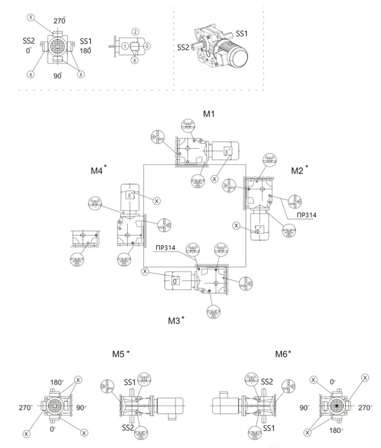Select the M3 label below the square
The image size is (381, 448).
(x=174, y=319)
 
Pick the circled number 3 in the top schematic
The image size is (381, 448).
(x=146, y=47)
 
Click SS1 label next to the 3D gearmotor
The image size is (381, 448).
(x=242, y=35)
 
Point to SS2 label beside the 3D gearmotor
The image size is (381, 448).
(x=184, y=47)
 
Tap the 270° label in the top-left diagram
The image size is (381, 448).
(x=59, y=21)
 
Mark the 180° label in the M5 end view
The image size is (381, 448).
(x=57, y=382)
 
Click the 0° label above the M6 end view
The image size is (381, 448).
(x=332, y=382)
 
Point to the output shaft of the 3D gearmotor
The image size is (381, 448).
(x=197, y=47)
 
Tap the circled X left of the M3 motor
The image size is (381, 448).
(x=145, y=272)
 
